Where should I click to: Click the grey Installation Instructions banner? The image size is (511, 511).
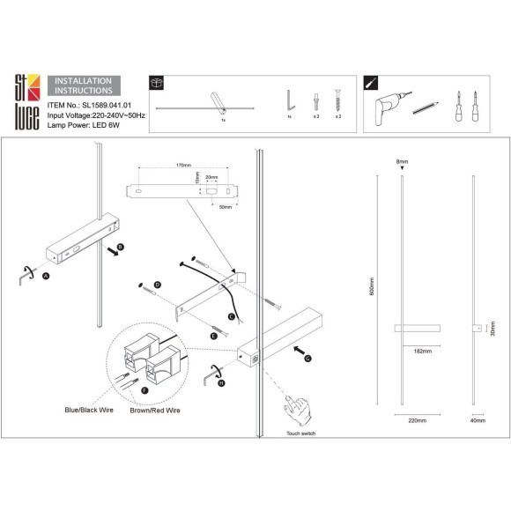[83, 85]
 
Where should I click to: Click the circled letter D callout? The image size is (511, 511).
[157, 285]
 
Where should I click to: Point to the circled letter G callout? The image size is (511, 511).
[307, 359]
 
